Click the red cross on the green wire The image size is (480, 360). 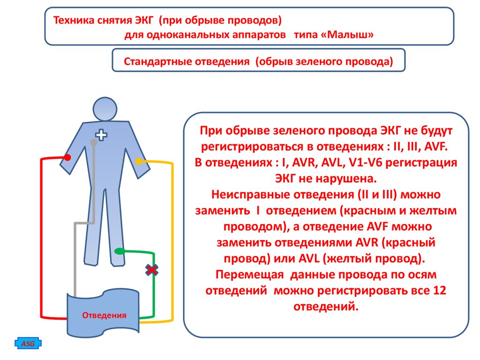point(151,270)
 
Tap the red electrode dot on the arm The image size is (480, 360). point(67,157)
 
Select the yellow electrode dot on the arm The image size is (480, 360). point(139,161)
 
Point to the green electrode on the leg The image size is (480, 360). point(120,251)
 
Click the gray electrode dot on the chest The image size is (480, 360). point(94,142)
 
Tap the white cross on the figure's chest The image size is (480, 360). point(101,135)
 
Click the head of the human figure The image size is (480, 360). point(105,109)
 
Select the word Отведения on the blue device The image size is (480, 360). point(104,315)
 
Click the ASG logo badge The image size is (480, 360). point(28,344)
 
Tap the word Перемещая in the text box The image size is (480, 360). point(249,274)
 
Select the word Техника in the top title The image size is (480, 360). point(74,20)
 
